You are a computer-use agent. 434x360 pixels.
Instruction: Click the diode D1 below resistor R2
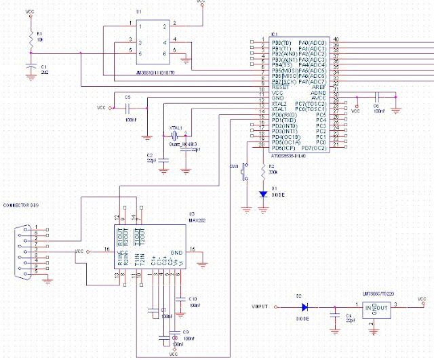click(x=263, y=193)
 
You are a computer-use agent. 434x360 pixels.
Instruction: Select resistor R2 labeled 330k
click(x=263, y=172)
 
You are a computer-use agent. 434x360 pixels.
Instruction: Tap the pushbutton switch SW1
click(x=245, y=173)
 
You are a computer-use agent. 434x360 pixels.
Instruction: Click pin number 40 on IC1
click(x=336, y=40)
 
